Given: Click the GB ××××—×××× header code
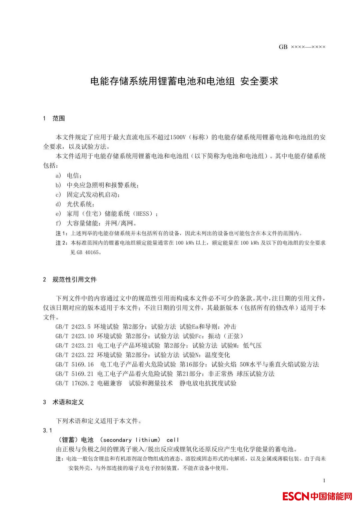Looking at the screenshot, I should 302,47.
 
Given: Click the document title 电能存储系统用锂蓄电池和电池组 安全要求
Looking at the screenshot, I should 184,81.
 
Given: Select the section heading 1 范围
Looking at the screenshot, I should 54,118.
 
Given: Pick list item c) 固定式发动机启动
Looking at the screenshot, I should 88,195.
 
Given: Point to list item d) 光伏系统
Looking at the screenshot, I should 75,204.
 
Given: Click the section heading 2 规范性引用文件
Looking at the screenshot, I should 70,279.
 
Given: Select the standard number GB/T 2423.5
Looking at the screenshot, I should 73,327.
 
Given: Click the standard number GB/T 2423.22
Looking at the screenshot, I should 75,355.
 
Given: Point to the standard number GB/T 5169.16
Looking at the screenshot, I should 75,364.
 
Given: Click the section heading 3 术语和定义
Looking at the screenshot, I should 63,402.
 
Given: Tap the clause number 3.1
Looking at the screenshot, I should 47,430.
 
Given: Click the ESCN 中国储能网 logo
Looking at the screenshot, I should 317,496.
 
